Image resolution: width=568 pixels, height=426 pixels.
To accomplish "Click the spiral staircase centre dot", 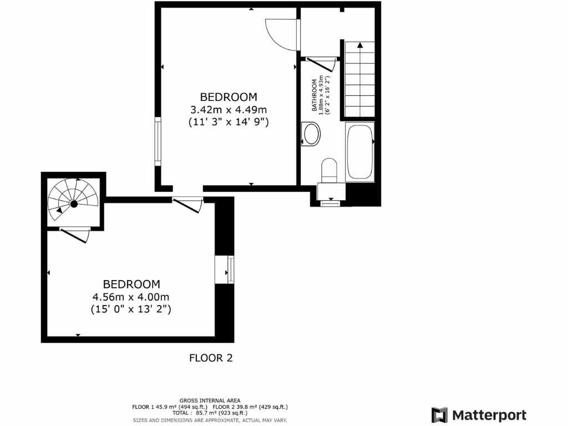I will [74, 204].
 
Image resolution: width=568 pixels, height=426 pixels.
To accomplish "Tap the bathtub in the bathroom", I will [359, 151].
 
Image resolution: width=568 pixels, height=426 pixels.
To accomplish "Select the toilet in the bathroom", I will [329, 170].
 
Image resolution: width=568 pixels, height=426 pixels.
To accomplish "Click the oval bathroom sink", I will [312, 134].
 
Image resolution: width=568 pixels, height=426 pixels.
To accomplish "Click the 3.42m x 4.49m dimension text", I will [229, 109].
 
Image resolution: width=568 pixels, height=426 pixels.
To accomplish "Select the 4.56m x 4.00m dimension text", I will [131, 297].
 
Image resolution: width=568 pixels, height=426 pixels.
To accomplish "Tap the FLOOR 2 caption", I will [211, 358].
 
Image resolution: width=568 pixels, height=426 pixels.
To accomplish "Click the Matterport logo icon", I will [440, 415].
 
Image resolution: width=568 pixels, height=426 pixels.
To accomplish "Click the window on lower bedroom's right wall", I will [230, 269].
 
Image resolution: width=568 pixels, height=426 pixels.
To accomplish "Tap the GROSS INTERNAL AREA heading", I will [210, 400].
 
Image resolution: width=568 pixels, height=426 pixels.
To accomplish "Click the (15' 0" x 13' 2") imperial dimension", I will [131, 310].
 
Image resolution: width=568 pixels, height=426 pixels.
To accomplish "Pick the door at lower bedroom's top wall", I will [188, 204].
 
